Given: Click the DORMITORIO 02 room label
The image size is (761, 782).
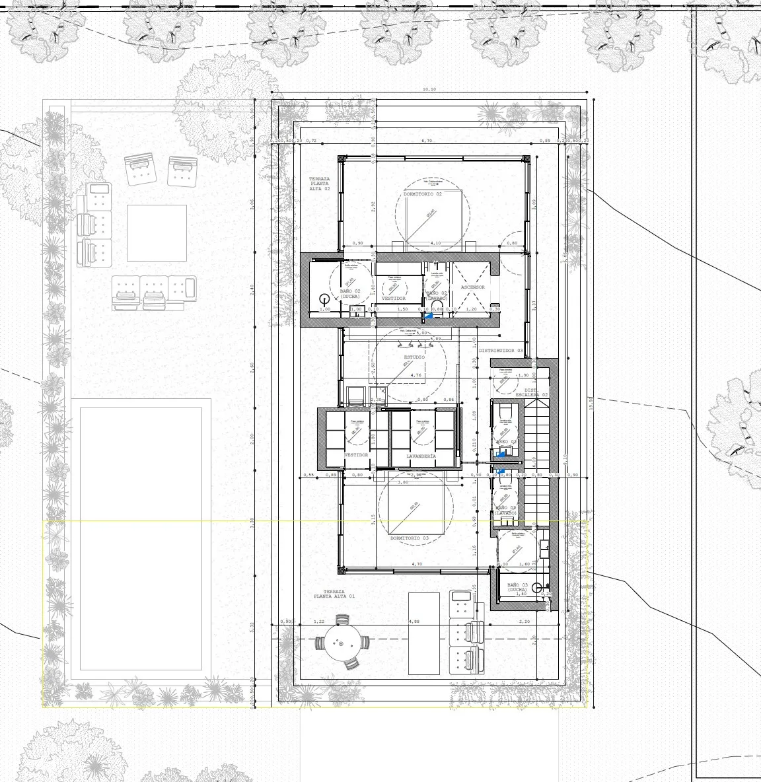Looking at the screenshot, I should click(423, 194).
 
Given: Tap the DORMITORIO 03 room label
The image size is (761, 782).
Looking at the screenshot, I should click(409, 538).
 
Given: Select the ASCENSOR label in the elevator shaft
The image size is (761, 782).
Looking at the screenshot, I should click(473, 287).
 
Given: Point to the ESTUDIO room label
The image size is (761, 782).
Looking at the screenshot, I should click(414, 357).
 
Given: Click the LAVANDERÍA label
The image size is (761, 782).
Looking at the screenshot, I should click(421, 456).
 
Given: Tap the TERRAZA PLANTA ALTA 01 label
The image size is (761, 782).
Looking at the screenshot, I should click(334, 594).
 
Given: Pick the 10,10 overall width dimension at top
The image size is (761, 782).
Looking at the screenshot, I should click(429, 89).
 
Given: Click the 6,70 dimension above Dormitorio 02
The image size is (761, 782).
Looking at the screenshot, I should click(427, 141).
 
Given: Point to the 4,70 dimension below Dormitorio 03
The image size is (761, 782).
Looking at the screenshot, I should click(417, 564).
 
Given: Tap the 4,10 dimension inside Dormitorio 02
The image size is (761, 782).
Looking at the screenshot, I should click(435, 243).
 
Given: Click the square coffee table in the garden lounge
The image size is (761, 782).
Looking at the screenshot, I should click(157, 233).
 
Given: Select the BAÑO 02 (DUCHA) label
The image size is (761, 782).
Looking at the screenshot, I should click(349, 294).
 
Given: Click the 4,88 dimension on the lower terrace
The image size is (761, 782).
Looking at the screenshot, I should click(414, 622).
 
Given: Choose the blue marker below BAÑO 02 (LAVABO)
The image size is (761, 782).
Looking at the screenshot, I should click(429, 316).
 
